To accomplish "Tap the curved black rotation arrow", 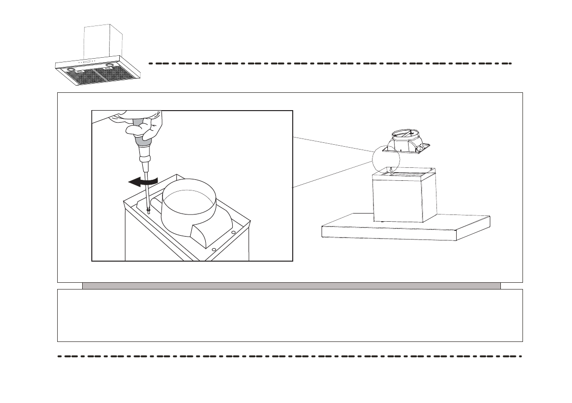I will [x=143, y=181].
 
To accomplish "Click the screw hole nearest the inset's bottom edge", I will [x=214, y=250].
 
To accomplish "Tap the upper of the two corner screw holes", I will [x=233, y=232].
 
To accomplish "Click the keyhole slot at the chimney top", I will [x=391, y=169].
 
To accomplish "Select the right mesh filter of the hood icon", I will [x=116, y=73].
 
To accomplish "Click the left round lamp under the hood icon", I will [x=72, y=70].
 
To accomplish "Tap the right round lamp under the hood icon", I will [x=111, y=65].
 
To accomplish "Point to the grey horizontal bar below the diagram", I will [x=291, y=286].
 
